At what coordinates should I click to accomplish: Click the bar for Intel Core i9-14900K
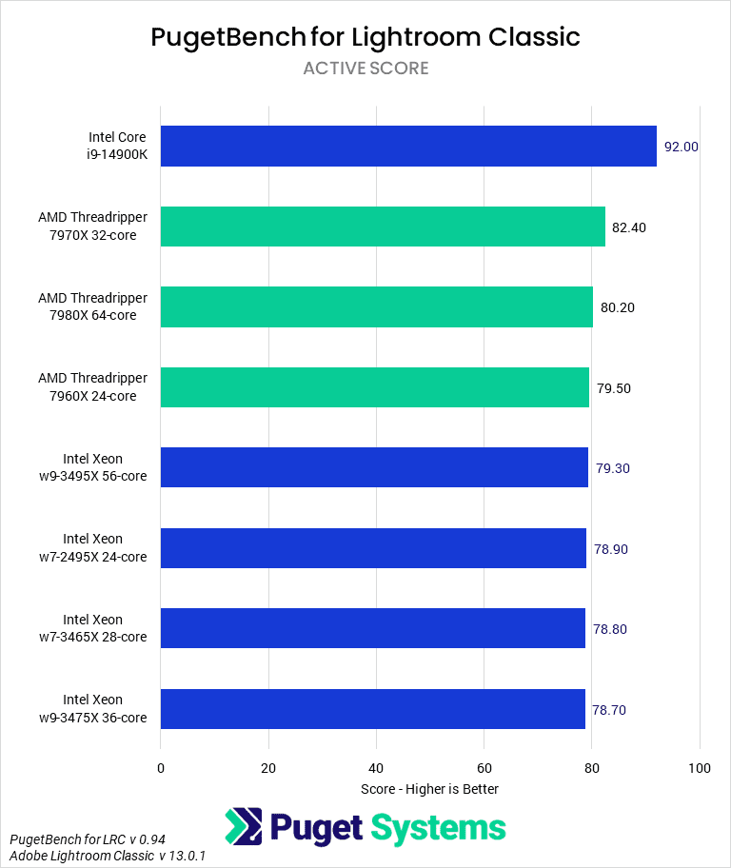(x=408, y=146)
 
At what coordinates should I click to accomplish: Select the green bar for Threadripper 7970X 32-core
(x=383, y=227)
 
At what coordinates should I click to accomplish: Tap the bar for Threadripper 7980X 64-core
(x=377, y=306)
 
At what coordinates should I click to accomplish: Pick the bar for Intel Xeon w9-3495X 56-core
(x=374, y=467)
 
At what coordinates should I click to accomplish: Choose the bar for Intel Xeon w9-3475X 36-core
(x=373, y=709)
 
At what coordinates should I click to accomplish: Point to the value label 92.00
(x=682, y=147)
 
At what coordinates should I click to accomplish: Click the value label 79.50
(x=614, y=388)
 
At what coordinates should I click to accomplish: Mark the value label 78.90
(x=610, y=549)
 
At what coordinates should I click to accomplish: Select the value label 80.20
(x=618, y=307)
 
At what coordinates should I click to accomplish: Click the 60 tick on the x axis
(x=484, y=768)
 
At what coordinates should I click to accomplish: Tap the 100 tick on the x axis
(x=700, y=768)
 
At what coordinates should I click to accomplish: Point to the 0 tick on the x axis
(x=161, y=768)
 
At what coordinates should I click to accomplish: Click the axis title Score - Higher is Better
(x=430, y=789)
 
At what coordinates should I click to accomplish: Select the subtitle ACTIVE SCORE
(x=365, y=69)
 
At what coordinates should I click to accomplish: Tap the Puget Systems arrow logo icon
(x=244, y=827)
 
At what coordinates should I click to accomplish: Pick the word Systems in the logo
(x=439, y=827)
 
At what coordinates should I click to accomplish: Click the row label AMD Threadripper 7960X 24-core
(x=93, y=388)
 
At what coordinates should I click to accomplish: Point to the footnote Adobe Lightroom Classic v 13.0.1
(x=108, y=857)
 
